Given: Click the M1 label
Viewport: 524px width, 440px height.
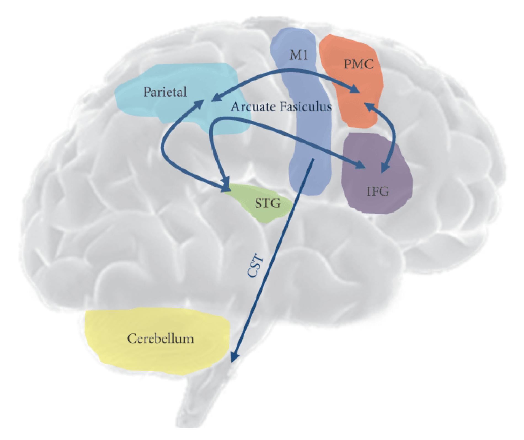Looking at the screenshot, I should (x=298, y=56).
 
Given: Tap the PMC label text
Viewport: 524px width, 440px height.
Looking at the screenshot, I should (x=359, y=65).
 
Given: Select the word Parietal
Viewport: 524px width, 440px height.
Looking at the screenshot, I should (x=165, y=92).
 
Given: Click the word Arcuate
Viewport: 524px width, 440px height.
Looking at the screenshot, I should (x=253, y=107).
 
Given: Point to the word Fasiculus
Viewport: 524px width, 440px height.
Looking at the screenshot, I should (x=305, y=107).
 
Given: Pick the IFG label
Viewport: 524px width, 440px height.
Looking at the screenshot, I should (x=378, y=191).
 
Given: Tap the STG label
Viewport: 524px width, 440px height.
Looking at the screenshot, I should (x=267, y=203).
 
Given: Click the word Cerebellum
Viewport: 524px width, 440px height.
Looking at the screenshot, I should (x=160, y=338).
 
